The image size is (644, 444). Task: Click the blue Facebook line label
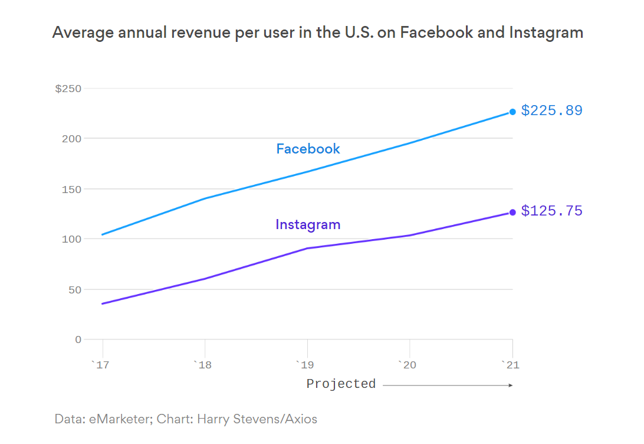tap(308, 149)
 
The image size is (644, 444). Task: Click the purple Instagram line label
tap(308, 224)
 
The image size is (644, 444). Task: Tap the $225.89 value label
tap(551, 110)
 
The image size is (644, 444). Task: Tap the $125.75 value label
tap(551, 211)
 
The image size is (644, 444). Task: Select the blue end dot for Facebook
tap(512, 112)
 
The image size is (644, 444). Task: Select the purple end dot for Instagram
tap(512, 213)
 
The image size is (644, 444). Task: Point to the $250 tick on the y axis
tap(68, 89)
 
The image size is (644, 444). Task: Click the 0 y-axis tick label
tap(78, 339)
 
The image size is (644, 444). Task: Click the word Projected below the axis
tap(341, 384)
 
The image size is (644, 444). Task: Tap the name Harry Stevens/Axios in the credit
tap(257, 419)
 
